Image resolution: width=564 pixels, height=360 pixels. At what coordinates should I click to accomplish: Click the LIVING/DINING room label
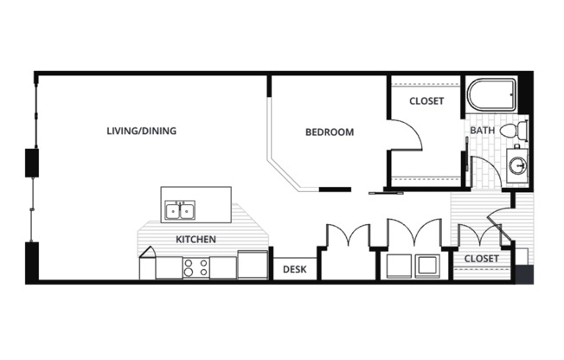(x=141, y=132)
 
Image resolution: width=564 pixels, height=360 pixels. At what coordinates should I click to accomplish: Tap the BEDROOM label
(x=330, y=132)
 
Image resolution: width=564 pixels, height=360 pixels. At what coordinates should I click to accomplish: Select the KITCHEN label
(x=195, y=239)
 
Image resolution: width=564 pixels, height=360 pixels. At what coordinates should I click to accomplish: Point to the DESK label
(x=295, y=269)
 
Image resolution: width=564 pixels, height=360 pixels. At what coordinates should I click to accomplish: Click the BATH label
(x=482, y=131)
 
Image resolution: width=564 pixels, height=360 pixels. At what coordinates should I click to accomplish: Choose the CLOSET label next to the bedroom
(x=426, y=101)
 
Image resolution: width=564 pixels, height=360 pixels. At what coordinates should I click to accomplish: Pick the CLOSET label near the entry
(x=481, y=259)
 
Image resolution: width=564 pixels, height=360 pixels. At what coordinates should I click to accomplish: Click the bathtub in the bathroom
(x=491, y=94)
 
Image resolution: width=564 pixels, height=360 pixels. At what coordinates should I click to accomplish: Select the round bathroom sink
(x=517, y=164)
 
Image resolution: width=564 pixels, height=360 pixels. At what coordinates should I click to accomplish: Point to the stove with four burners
(x=195, y=267)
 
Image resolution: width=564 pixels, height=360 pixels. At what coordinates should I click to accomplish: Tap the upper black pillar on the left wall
(x=33, y=163)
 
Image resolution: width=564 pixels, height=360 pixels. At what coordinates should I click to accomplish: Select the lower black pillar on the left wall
(x=33, y=262)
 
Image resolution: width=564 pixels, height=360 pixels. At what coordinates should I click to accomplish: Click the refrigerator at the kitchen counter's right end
(x=252, y=264)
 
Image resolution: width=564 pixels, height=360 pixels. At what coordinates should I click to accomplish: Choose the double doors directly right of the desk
(x=347, y=238)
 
